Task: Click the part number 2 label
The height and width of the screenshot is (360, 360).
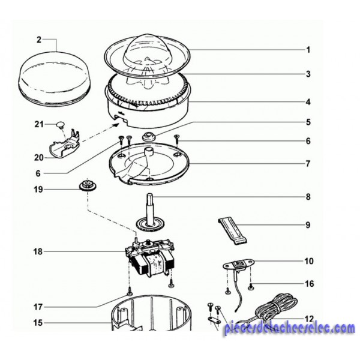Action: coord(39,40)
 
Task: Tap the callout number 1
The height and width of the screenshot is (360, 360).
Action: coord(308,50)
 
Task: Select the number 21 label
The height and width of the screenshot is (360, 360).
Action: coord(39,124)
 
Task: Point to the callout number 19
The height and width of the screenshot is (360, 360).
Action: coord(38,190)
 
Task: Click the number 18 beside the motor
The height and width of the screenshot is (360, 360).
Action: coord(38,251)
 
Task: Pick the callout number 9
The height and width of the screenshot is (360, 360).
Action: coord(308,225)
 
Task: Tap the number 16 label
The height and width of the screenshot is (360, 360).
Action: coord(309,284)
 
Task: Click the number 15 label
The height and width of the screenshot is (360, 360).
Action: coord(38,323)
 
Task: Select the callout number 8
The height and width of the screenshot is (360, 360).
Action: coord(308,197)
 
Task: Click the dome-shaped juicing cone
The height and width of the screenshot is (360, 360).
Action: coord(139,49)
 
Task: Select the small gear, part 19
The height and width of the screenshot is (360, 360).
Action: coord(87,185)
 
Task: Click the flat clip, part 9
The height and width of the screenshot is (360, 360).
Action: coord(233,231)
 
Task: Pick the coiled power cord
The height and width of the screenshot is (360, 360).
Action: coord(273,308)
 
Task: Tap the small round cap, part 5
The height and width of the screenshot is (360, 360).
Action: coord(149,136)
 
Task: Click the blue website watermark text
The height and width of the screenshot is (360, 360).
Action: coord(290,329)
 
